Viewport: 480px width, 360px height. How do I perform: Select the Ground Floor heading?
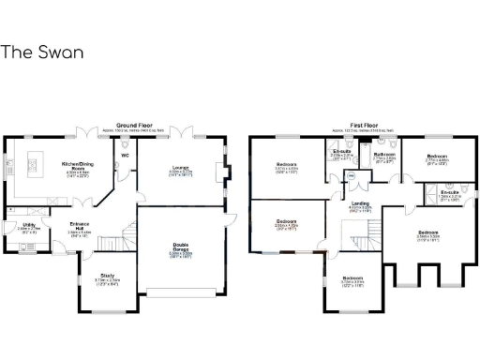point(132,125)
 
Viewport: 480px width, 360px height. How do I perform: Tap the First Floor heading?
point(364,125)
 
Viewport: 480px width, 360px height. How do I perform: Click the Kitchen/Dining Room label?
point(76,164)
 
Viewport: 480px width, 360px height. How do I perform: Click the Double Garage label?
point(183,247)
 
